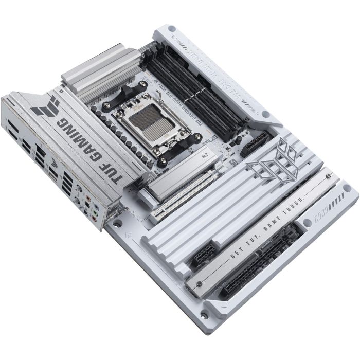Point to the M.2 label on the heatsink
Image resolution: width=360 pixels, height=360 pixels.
190,153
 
